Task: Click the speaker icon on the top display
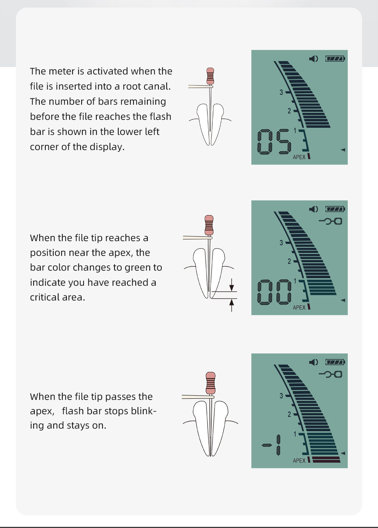(313, 59)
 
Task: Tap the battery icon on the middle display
(335, 209)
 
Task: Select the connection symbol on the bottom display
(330, 374)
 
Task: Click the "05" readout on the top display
(274, 142)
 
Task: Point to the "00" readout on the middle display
(274, 292)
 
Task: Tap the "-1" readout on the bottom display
(271, 445)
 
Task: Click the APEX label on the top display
(299, 157)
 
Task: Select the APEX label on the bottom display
(299, 460)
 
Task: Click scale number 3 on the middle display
(281, 243)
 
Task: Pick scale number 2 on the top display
(289, 111)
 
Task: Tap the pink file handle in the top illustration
(210, 76)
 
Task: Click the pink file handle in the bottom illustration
(210, 383)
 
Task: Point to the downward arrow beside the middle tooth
(232, 285)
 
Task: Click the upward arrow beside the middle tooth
(232, 305)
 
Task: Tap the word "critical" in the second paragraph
(45, 297)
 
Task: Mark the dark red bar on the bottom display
(326, 460)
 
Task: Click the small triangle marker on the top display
(343, 150)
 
